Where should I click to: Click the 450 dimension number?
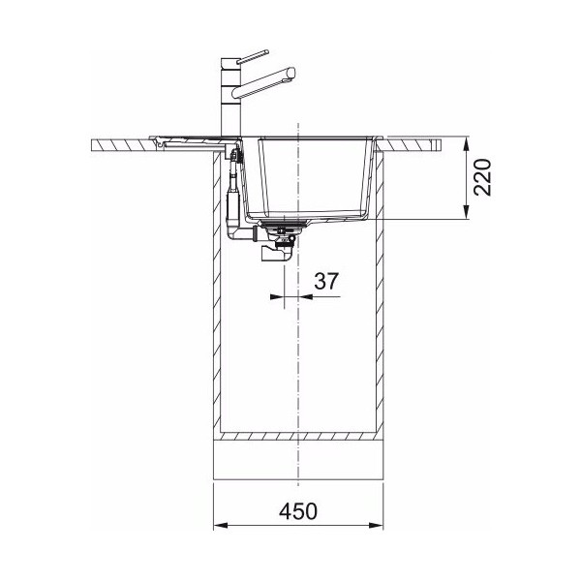[x=298, y=511]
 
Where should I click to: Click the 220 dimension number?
[x=482, y=177]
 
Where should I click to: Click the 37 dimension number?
[x=326, y=281]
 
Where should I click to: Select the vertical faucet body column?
[x=230, y=97]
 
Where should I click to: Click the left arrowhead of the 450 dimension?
[x=221, y=526]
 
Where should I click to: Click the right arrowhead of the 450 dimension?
[x=376, y=526]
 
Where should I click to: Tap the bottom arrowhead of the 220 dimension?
[x=466, y=212]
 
